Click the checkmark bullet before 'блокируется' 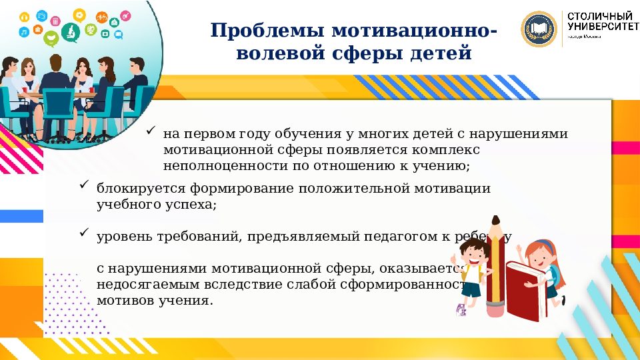pos(85,185)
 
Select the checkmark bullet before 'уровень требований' pos(85,233)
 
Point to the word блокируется pos(135,189)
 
